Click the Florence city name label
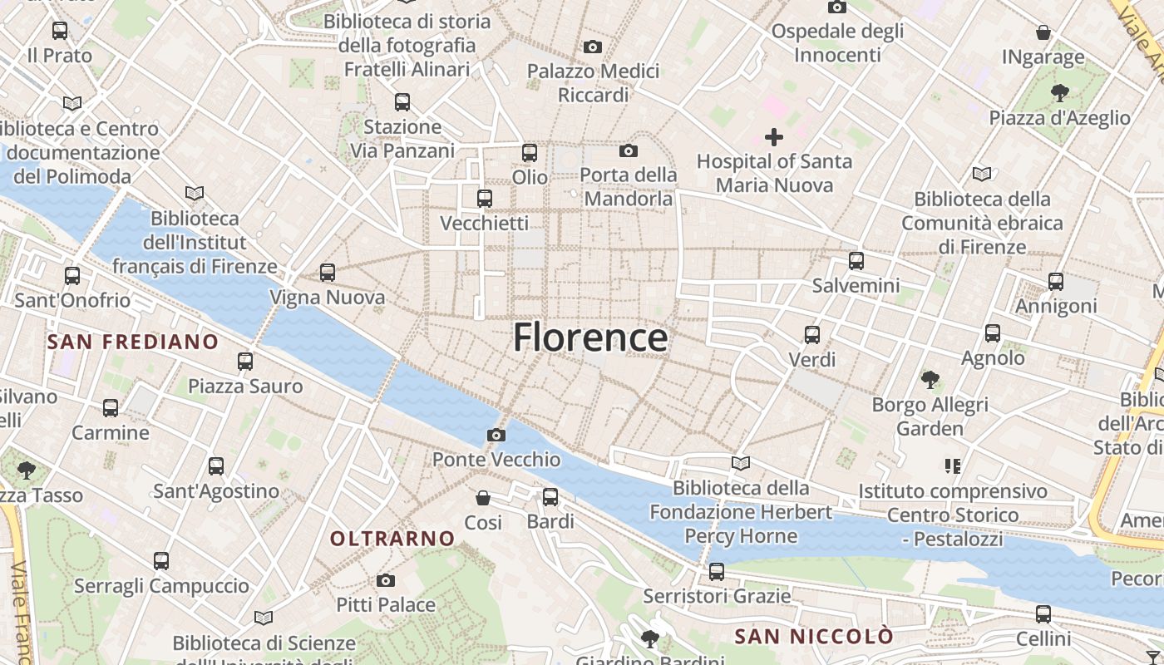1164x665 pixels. tap(589, 337)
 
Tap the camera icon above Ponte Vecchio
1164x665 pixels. tap(496, 435)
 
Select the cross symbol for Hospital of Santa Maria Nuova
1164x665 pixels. tap(774, 137)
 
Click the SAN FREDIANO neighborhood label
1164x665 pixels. tap(133, 342)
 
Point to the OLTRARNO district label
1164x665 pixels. tap(392, 539)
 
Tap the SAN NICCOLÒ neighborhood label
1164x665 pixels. tap(814, 637)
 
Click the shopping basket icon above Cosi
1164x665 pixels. tap(483, 498)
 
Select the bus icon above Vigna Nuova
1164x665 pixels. tap(328, 272)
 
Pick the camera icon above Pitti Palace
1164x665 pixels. tap(386, 580)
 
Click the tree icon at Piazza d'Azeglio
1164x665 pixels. tap(1059, 92)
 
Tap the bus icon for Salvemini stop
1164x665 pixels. tap(856, 261)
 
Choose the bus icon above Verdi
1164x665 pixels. tap(812, 335)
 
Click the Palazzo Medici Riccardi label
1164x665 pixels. tap(594, 83)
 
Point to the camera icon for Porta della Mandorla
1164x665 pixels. tap(629, 150)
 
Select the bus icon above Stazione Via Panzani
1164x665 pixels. tap(402, 102)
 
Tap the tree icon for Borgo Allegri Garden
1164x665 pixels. tap(930, 380)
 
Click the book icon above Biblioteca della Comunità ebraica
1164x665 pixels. tap(982, 174)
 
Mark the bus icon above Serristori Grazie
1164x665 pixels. tap(717, 572)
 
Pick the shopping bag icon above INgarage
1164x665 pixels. tap(1043, 32)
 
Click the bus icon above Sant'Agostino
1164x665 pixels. tap(216, 466)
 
